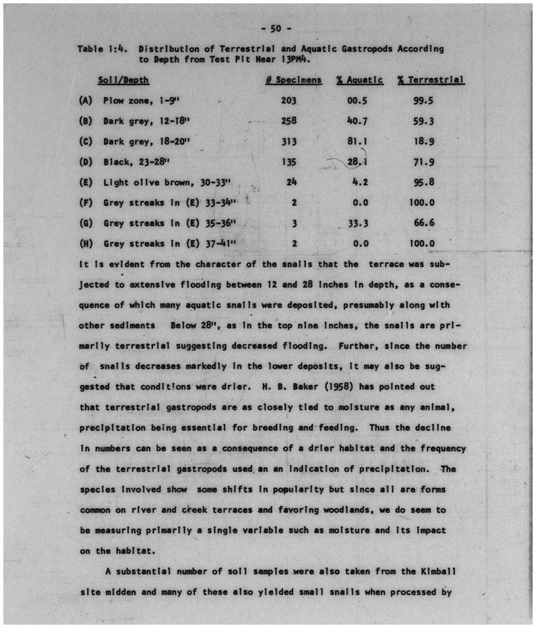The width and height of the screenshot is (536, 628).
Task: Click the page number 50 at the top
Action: coord(276,29)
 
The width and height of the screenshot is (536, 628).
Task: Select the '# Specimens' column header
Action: coord(293,80)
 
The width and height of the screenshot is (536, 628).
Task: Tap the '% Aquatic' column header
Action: coord(359,80)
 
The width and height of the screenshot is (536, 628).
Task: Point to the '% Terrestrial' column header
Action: coord(430,80)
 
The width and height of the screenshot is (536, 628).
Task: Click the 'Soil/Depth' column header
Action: coord(123,80)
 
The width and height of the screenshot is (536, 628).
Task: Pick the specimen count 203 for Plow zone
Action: coord(288,101)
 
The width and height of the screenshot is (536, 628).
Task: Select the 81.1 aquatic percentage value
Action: coord(357,141)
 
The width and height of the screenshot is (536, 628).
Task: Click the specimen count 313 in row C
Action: coord(288,142)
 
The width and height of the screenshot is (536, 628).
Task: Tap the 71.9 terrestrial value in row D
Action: coord(424,162)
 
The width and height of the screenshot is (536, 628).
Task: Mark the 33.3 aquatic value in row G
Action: coord(358,223)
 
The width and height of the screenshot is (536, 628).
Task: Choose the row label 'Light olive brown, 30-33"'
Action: coord(167,182)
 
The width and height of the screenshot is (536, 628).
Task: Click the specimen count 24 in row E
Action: coord(292,182)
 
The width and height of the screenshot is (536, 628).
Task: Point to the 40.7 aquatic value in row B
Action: coord(357,121)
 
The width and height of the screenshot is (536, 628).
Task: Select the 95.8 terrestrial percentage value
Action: coord(424,182)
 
